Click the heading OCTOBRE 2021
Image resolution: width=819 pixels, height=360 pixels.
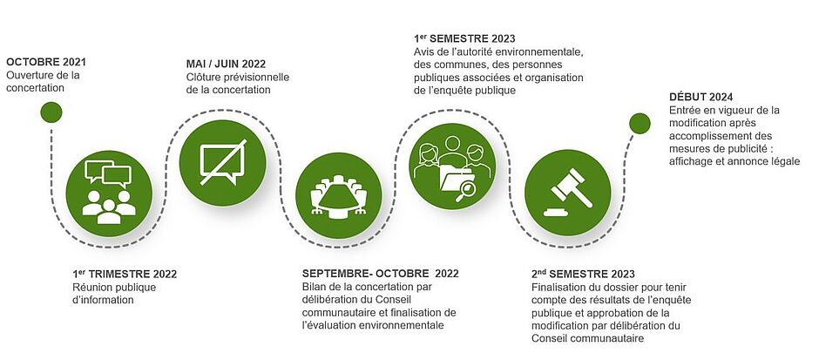(46, 62)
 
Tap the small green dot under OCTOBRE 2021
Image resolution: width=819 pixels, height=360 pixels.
(51, 112)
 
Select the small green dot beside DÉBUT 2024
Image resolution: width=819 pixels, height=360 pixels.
(640, 123)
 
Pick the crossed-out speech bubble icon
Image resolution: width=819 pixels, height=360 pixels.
(222, 163)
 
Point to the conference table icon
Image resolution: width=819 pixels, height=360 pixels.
(338, 195)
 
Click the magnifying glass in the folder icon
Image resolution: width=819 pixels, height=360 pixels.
(465, 191)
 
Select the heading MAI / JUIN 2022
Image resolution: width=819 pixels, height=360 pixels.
(226, 65)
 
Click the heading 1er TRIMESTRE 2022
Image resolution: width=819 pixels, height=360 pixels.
(125, 274)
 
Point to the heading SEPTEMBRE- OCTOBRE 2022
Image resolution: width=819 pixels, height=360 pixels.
(380, 274)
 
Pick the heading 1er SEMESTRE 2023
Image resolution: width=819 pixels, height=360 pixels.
(464, 38)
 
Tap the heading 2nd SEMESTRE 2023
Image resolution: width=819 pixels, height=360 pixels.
(583, 274)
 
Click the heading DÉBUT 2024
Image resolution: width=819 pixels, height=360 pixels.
(701, 97)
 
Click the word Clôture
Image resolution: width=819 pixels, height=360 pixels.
(204, 78)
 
